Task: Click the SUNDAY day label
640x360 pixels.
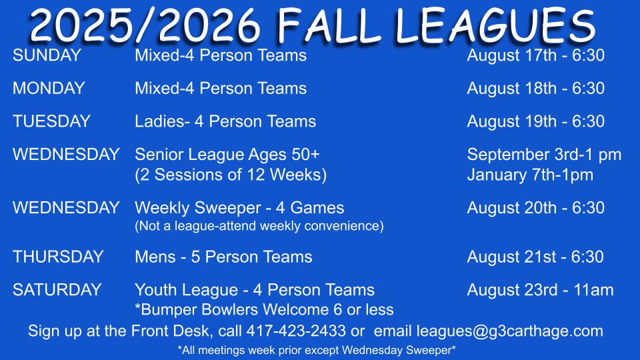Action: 47,55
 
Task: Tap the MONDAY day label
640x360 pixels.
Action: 49,89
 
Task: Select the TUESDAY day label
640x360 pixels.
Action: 51,121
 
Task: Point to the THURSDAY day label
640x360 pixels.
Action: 58,257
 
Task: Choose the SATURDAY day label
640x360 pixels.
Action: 57,290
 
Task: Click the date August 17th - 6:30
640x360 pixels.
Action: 535,55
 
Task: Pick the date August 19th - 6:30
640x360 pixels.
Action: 535,121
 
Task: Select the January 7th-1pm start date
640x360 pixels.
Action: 530,175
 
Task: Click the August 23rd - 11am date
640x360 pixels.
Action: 540,290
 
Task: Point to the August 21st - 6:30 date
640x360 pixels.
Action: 535,257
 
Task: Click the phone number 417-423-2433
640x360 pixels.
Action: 296,331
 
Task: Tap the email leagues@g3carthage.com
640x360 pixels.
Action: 510,331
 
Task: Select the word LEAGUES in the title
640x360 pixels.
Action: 495,26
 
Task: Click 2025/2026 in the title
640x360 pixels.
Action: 145,26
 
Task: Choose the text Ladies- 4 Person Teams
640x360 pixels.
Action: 225,121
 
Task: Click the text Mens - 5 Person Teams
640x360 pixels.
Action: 224,257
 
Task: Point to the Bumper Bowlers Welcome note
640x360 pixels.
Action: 264,310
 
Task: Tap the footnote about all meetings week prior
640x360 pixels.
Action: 317,350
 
